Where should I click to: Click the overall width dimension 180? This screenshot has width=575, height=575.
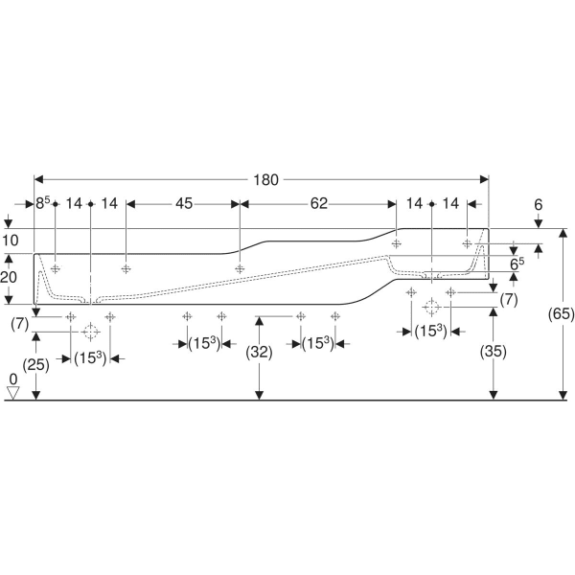click(265, 180)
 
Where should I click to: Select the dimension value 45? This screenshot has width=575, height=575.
click(184, 203)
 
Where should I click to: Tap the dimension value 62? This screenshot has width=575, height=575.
click(319, 203)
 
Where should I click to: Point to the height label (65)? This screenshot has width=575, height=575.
click(561, 314)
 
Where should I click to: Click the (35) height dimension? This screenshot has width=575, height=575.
click(494, 352)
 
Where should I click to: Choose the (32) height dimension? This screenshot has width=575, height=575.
click(260, 353)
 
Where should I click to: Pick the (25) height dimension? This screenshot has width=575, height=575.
click(36, 365)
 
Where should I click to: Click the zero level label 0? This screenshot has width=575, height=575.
click(13, 379)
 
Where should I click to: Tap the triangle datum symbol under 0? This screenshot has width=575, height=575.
click(13, 393)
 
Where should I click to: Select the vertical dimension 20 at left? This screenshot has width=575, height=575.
click(9, 277)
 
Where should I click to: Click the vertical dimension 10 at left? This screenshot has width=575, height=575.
click(10, 241)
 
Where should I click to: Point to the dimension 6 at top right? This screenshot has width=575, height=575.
click(538, 205)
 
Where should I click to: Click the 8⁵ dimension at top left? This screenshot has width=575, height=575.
click(42, 203)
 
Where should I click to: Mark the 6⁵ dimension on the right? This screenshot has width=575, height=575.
click(517, 264)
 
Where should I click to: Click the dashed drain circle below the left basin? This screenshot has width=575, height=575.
click(90, 332)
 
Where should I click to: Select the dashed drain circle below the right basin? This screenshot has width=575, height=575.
click(431, 307)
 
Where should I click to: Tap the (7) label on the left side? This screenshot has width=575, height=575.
click(20, 324)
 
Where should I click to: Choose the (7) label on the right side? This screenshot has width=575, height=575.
click(509, 300)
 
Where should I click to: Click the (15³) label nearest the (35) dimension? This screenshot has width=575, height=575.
click(431, 332)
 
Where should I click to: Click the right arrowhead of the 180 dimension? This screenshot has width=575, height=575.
click(484, 179)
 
